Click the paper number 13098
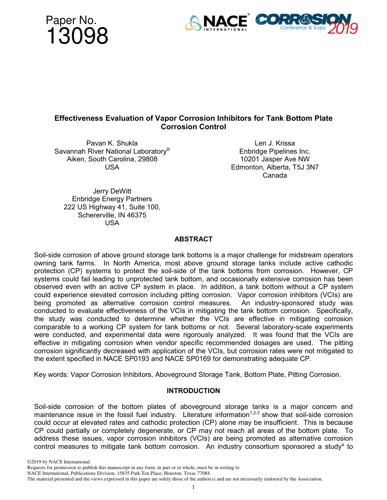[x=77, y=37]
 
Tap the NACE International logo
[x=216, y=23]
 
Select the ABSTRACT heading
[x=193, y=239]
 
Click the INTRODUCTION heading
[x=193, y=391]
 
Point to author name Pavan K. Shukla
[x=112, y=143]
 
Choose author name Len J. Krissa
[x=275, y=143]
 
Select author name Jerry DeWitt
[x=112, y=191]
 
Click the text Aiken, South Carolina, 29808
[x=112, y=159]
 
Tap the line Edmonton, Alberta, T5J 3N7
[x=275, y=167]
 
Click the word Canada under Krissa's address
[x=275, y=176]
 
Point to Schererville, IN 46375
[x=112, y=215]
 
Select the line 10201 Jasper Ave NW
[x=275, y=159]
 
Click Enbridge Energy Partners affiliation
[x=112, y=199]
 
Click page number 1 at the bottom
[x=193, y=487]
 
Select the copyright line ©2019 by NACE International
[x=58, y=462]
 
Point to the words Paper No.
[x=71, y=20]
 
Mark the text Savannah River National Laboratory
[x=110, y=151]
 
